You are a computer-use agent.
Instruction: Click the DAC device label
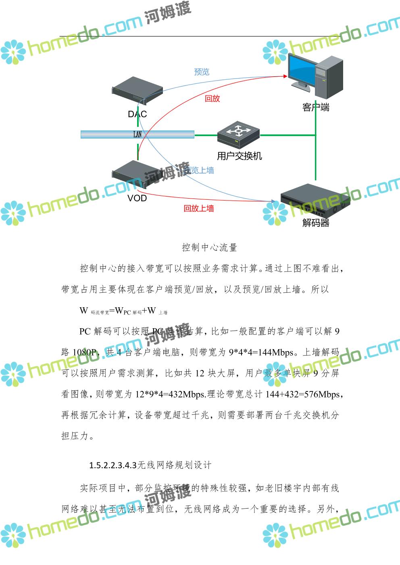coord(137,114)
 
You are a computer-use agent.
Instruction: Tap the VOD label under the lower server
coord(137,198)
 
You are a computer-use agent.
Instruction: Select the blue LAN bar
coord(137,135)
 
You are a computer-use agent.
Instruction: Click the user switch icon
coord(238,135)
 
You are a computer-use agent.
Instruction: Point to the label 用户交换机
coord(239,156)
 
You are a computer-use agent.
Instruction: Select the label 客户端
coord(316,108)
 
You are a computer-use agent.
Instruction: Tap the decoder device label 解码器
coord(316,223)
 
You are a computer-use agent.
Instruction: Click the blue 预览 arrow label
coord(202,72)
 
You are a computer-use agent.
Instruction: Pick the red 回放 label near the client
coord(212,99)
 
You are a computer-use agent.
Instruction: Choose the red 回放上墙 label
coord(199,209)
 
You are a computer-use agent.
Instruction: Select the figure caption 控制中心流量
coord(209,247)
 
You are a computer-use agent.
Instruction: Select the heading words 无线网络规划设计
coord(174,466)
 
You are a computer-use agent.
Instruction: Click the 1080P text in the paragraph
coord(85,352)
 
